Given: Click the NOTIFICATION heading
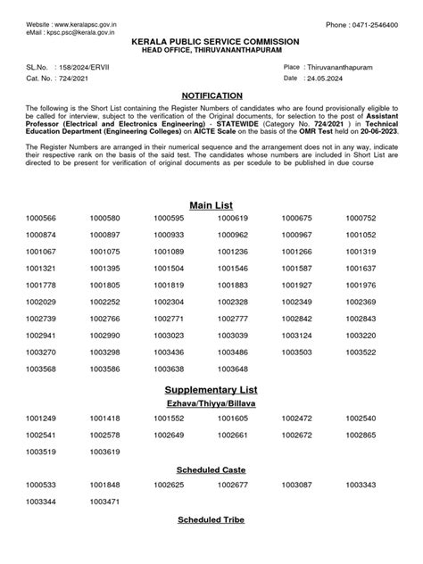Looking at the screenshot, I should [211, 95].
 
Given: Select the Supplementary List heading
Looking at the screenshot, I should [211, 390].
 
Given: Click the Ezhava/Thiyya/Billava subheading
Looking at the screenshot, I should [211, 404].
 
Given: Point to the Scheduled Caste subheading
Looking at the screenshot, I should [211, 469].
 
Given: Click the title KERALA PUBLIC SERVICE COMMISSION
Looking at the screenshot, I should [211, 42].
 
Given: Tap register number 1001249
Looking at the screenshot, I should [41, 418].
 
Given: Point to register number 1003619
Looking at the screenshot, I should [104, 452].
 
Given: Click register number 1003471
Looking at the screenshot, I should [104, 502].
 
